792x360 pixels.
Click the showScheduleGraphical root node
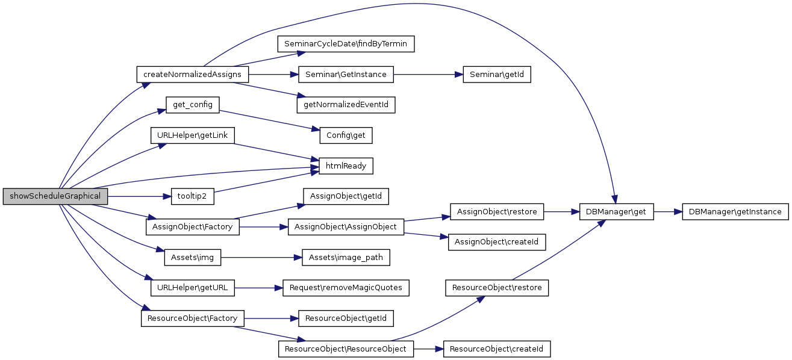pyautogui.click(x=55, y=196)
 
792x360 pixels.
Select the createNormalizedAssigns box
pyautogui.click(x=193, y=75)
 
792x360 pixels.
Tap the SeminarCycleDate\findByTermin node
pyautogui.click(x=346, y=44)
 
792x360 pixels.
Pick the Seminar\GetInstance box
pyautogui.click(x=346, y=75)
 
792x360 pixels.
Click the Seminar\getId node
pyautogui.click(x=496, y=75)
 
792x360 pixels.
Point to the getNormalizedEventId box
pyautogui.click(x=346, y=105)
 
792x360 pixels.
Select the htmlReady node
pyautogui.click(x=346, y=166)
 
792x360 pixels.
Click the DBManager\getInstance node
pyautogui.click(x=735, y=212)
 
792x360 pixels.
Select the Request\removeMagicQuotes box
pyautogui.click(x=346, y=288)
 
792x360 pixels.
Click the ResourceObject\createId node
pyautogui.click(x=497, y=349)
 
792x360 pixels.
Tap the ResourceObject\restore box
pyautogui.click(x=497, y=288)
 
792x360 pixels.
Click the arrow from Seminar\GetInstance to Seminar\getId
pyautogui.click(x=428, y=75)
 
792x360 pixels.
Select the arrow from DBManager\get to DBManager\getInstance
pyautogui.click(x=667, y=212)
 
